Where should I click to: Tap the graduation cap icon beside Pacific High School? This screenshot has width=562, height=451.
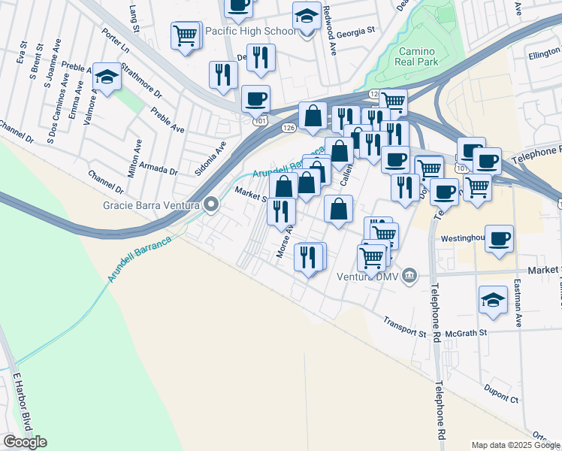(307, 17)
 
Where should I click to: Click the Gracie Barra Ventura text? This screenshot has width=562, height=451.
(151, 204)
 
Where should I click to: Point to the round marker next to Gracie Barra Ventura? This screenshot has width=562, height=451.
(211, 204)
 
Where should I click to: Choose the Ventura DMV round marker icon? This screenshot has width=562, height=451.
(409, 275)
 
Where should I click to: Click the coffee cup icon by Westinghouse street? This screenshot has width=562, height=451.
(500, 240)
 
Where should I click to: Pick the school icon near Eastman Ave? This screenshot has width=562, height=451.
(493, 299)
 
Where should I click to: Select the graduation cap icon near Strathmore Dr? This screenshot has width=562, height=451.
(107, 77)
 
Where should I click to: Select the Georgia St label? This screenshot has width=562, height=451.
(355, 32)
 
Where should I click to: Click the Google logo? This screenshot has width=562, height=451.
(25, 442)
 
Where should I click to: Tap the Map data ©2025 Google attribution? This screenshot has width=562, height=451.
(515, 445)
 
